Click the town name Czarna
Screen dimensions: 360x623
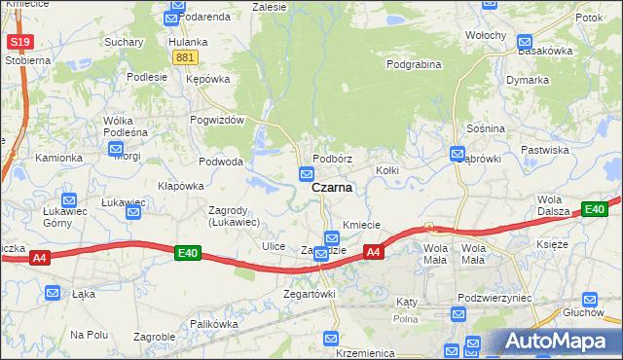[x=332, y=188]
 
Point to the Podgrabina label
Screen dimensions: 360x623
[x=414, y=64]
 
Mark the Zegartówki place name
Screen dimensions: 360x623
[x=309, y=293]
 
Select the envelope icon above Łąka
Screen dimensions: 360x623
[x=55, y=292]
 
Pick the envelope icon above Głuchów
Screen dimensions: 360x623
[x=588, y=300]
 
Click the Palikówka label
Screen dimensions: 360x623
[x=214, y=323]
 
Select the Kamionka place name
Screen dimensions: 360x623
[x=59, y=157]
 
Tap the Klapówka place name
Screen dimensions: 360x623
[x=181, y=185]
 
